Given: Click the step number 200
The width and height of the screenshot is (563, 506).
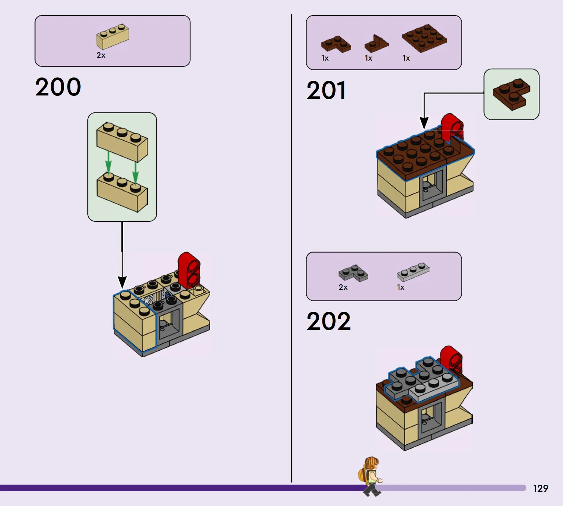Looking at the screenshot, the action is coord(58,87).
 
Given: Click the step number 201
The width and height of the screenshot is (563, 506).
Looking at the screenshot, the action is coord(326,90).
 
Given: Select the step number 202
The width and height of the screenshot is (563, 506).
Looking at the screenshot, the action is coord(329,321).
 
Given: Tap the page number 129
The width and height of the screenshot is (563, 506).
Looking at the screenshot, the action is coord(541,488).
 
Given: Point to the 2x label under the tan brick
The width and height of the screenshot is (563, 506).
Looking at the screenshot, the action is coord(101,55).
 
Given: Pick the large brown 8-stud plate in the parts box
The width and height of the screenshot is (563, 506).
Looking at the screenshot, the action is coord(424,38).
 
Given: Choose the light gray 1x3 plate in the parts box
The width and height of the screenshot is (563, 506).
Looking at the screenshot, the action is coord(413,272).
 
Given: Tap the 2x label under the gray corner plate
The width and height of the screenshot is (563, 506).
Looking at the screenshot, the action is coord(343,287).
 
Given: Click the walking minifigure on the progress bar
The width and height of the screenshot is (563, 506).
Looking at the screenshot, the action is coord(371,477).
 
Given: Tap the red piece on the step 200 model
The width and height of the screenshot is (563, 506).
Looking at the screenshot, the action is coord(189,270).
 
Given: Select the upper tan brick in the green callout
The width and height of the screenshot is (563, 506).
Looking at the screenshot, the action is coord(122,142).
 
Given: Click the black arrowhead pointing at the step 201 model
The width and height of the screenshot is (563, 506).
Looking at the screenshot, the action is coord(424,123).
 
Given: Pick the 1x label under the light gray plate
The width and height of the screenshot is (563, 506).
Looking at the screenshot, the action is coord(401,287).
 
